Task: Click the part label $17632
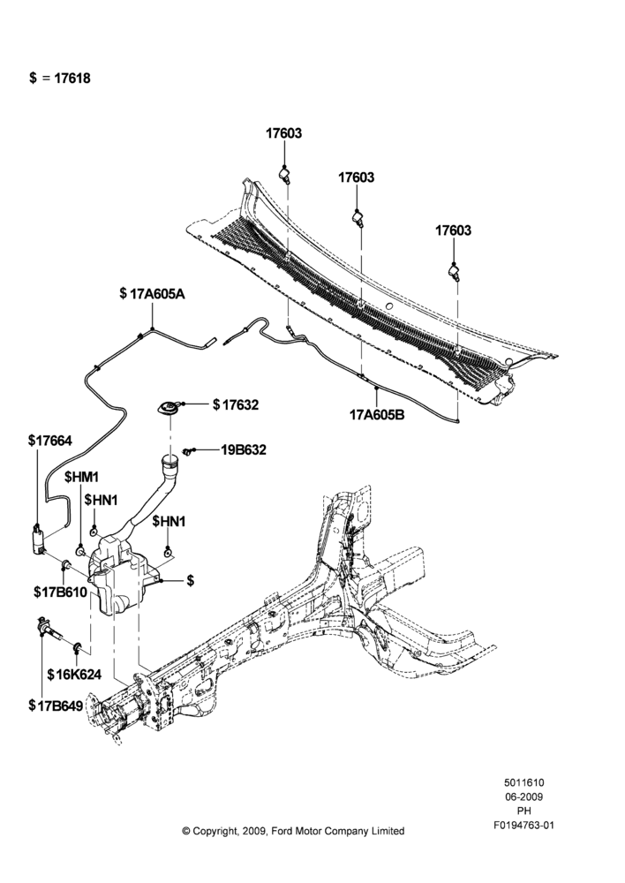click(x=236, y=404)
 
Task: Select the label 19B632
click(x=244, y=450)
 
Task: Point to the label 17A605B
click(x=375, y=415)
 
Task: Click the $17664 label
click(x=50, y=441)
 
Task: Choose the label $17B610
click(x=60, y=592)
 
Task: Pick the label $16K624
click(x=74, y=674)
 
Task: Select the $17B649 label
click(x=56, y=705)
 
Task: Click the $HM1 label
click(x=81, y=478)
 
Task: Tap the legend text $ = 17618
click(x=60, y=79)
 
